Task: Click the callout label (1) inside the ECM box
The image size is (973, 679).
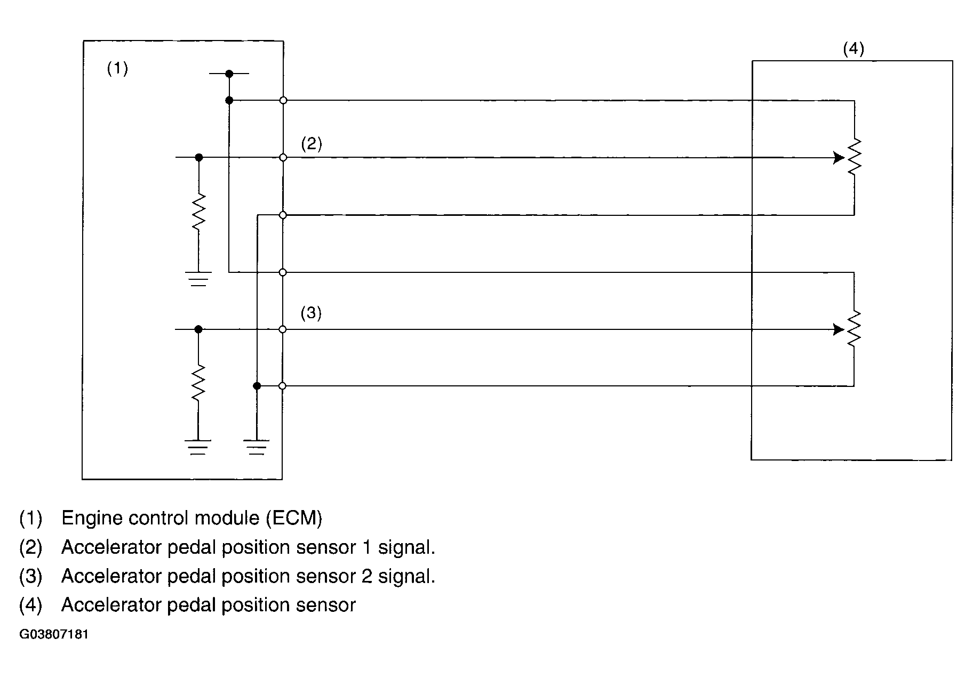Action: pos(117,69)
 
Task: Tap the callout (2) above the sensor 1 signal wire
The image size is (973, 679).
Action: pos(312,144)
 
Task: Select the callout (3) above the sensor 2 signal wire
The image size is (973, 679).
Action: pos(311,313)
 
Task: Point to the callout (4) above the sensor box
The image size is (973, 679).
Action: pos(853,49)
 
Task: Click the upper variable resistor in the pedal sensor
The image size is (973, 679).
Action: pos(854,157)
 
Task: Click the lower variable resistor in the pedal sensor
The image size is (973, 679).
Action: pos(854,329)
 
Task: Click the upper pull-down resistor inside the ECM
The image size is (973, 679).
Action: pos(198,212)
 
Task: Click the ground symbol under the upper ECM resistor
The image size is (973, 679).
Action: pos(198,279)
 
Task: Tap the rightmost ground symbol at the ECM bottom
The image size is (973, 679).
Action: pos(257,447)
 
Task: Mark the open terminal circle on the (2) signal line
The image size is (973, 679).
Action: pos(283,158)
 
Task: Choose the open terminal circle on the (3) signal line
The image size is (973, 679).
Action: pos(283,329)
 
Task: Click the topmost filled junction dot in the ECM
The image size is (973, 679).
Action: pos(229,74)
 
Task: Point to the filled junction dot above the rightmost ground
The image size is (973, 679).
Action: pos(257,386)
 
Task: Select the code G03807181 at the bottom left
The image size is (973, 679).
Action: pos(54,635)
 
